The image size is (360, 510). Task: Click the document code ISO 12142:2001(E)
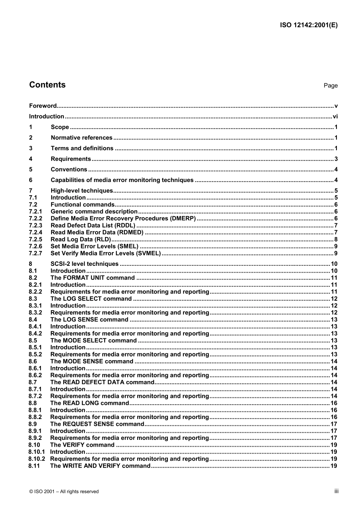pyautogui.click(x=308, y=25)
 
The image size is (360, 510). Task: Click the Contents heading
pyautogui.click(x=47, y=85)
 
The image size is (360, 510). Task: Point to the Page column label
pyautogui.click(x=330, y=86)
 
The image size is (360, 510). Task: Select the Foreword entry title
pyautogui.click(x=43, y=106)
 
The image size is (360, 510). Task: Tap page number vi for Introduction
pyautogui.click(x=335, y=117)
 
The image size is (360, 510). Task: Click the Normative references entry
pyautogui.click(x=81, y=138)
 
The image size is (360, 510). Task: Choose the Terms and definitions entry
pyautogui.click(x=82, y=149)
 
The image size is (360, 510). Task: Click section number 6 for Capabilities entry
pyautogui.click(x=31, y=180)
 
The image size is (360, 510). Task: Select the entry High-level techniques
pyautogui.click(x=81, y=191)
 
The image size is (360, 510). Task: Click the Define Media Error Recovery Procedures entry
pyautogui.click(x=123, y=219)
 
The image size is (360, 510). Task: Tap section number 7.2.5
pyautogui.click(x=36, y=240)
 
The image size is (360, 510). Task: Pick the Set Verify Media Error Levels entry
pyautogui.click(x=106, y=254)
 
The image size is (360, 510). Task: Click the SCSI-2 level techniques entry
pyautogui.click(x=85, y=264)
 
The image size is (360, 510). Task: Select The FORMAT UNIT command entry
pyautogui.click(x=92, y=278)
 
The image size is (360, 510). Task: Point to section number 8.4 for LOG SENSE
pyautogui.click(x=33, y=320)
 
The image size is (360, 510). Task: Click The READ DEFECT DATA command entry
pyautogui.click(x=102, y=382)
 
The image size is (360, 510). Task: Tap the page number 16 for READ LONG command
pyautogui.click(x=333, y=403)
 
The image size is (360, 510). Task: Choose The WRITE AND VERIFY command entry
pyautogui.click(x=100, y=466)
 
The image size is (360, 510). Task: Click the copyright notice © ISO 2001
pyautogui.click(x=64, y=492)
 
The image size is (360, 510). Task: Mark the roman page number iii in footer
pyautogui.click(x=336, y=491)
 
